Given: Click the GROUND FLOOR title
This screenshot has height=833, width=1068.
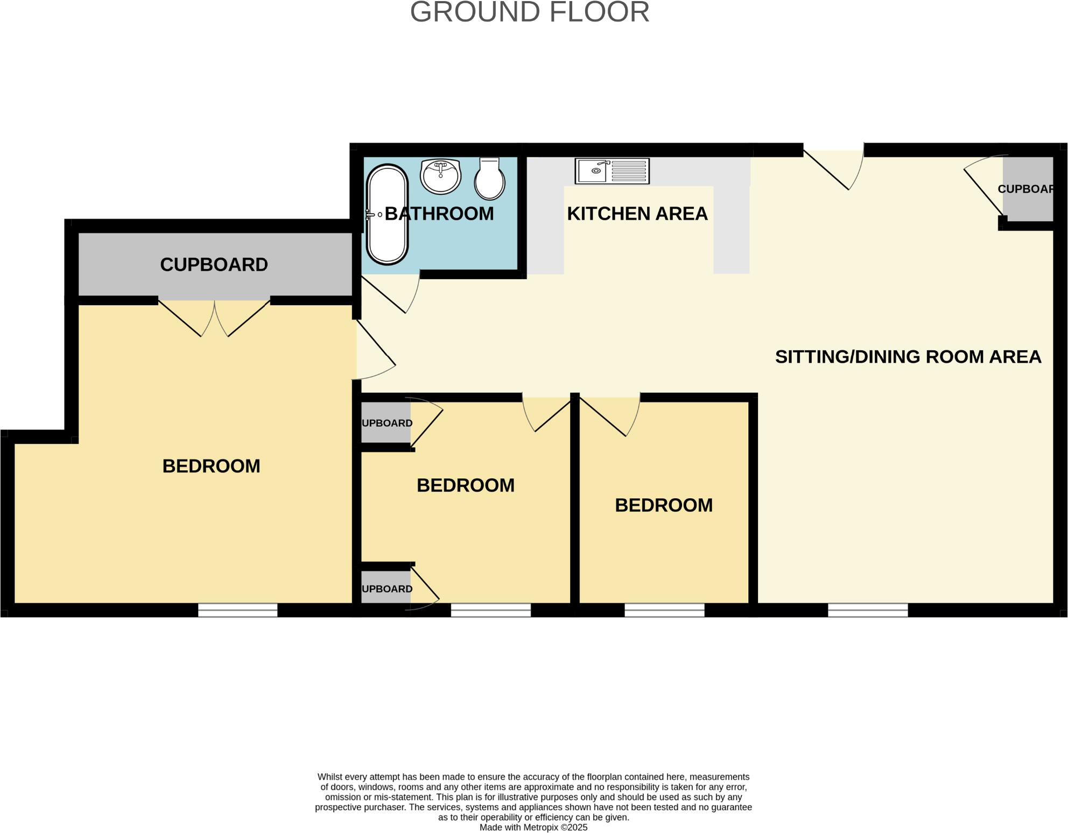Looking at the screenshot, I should [x=530, y=12].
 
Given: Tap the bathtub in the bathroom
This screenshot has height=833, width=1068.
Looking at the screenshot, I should [x=387, y=215].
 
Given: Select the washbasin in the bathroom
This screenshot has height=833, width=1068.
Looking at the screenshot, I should [x=440, y=175].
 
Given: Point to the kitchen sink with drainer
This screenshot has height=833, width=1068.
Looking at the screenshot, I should [x=612, y=171].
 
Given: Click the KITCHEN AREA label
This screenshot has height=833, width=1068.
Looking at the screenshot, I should [x=637, y=214].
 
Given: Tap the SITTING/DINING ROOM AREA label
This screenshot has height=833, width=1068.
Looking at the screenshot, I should [x=908, y=357].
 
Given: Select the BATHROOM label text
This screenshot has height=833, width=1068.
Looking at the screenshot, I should [x=439, y=214].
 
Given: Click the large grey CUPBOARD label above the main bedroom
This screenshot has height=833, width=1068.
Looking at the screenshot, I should [x=214, y=264].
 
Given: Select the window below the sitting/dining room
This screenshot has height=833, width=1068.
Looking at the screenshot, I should [x=868, y=610].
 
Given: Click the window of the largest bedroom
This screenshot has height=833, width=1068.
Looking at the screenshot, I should [x=237, y=610].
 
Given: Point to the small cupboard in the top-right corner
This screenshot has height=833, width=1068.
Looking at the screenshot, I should [x=1027, y=189].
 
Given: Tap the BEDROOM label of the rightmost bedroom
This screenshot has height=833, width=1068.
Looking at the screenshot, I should [x=664, y=505].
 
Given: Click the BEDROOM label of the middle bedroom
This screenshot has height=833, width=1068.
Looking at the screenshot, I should [x=466, y=485].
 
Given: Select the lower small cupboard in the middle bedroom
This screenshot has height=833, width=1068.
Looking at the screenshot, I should [x=386, y=589].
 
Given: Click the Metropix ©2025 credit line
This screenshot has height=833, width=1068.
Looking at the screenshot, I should [x=533, y=828].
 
